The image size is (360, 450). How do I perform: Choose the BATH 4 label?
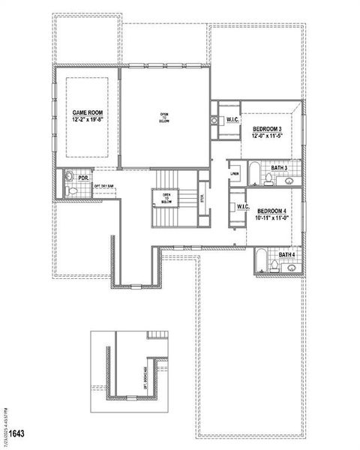pos(286,255)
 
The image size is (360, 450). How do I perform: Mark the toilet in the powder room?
pos(70,178)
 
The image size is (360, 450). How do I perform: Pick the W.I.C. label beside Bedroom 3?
pos(232,119)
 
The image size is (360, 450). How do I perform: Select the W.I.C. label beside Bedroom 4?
pos(242,206)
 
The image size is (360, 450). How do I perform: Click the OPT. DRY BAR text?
pos(104,186)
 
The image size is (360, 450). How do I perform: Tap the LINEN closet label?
pos(235,174)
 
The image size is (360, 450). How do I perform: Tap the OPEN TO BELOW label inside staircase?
pos(166,199)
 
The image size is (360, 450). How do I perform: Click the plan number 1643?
pos(15,433)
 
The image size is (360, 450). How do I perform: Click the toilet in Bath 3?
pos(269,178)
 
